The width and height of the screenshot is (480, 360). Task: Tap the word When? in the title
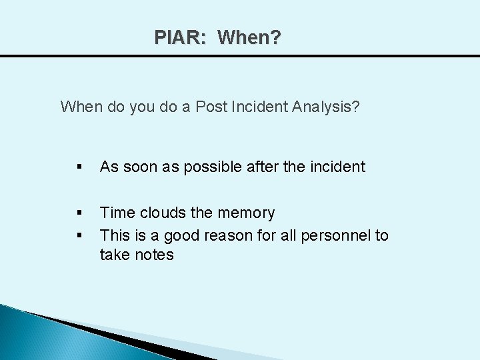pyautogui.click(x=249, y=37)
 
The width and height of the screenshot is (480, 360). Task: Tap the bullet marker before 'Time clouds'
pyautogui.click(x=79, y=214)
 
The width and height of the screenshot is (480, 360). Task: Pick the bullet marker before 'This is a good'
pyautogui.click(x=79, y=235)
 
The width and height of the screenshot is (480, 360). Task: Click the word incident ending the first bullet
pyautogui.click(x=337, y=167)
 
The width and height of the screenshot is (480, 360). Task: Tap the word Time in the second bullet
pyautogui.click(x=116, y=213)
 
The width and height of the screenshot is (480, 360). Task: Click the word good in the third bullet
pyautogui.click(x=177, y=235)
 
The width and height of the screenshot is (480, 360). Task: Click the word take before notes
pyautogui.click(x=114, y=255)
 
